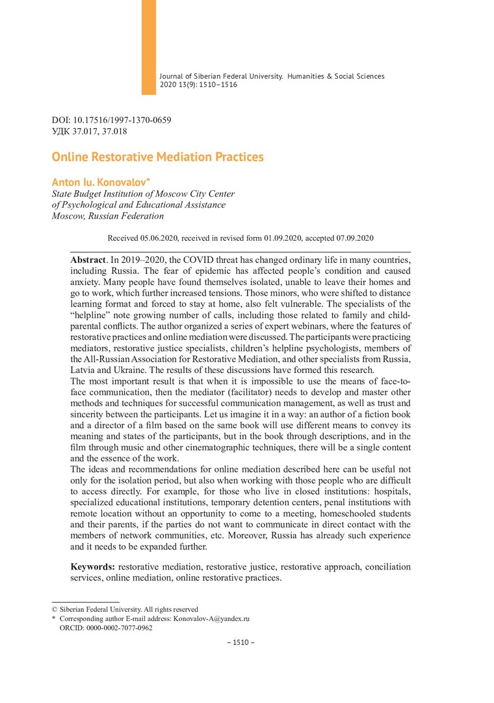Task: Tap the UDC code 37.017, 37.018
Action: [x=98, y=131]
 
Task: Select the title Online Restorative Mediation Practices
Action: [x=157, y=157]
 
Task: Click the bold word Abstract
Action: [x=88, y=259]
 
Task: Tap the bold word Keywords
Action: [x=93, y=567]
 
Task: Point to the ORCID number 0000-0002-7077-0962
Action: [x=115, y=628]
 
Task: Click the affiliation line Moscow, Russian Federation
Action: [x=107, y=216]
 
